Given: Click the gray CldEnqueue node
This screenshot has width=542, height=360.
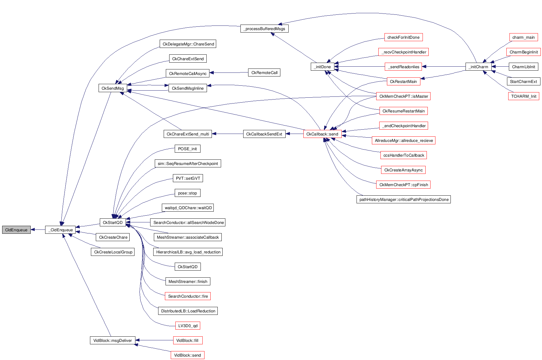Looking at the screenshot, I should pos(16,230).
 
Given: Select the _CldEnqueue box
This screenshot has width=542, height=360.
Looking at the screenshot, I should pos(60,230).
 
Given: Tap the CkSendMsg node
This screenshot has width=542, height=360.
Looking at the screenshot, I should pos(112,88).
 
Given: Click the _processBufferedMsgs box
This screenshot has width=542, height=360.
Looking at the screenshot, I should pos(264,29).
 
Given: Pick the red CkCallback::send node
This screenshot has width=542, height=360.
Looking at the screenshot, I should pos(322,134).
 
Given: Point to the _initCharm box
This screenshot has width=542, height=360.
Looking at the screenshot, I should pos(478,67).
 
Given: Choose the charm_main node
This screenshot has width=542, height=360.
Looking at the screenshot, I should pos(523,37).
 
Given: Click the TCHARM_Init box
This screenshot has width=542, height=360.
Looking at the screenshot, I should pos(523,96).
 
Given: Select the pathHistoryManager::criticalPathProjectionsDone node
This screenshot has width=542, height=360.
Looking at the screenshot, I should pos(404,199).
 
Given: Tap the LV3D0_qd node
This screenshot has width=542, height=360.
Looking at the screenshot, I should pos(188,326).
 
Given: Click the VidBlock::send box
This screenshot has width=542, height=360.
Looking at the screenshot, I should pos(187,355).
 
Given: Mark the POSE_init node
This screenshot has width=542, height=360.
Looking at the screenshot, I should pos(187,149).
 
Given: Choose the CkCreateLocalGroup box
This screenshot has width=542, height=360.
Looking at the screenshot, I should pos(113,252).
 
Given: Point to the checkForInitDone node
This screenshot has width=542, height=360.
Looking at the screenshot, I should pos(403,37).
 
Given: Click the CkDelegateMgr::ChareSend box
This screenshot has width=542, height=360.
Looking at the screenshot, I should pos(188,44).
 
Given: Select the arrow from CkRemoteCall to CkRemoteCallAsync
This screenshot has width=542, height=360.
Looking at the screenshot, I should pos(229,73).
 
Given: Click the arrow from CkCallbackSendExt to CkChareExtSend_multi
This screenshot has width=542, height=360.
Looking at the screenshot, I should pos(227,134).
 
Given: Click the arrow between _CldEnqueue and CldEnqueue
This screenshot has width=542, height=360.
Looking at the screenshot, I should pos(38,229).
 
